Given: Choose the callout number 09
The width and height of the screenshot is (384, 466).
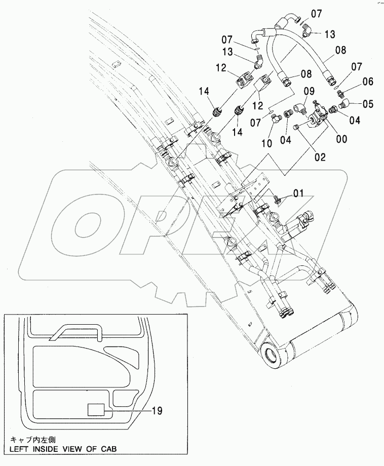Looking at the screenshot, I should click(x=309, y=92).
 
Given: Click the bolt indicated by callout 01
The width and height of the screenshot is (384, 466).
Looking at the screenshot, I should click(x=277, y=199).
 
